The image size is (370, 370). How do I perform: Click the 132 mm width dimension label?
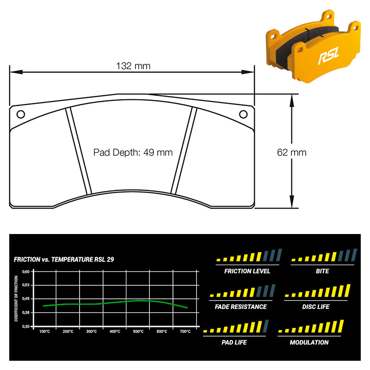[x=133, y=66]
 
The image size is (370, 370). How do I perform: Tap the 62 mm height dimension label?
[x=292, y=153]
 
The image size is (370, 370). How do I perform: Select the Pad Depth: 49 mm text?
[x=133, y=153]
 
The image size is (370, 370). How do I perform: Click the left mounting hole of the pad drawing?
[x=21, y=114]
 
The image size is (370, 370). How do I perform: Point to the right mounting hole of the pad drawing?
[x=243, y=114]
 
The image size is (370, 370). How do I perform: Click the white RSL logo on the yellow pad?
[x=329, y=55]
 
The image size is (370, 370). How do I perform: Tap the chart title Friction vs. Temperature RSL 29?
[x=64, y=259]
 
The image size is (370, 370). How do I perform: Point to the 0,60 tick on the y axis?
[x=26, y=271]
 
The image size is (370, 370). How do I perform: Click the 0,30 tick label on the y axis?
[x=26, y=327]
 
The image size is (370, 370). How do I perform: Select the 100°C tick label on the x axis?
[x=44, y=332]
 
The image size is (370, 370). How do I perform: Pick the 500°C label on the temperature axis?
[x=138, y=332]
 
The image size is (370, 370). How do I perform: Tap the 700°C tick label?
[x=185, y=332]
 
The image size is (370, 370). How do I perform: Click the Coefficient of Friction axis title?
[x=16, y=298]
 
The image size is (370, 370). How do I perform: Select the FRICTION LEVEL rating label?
[x=247, y=271]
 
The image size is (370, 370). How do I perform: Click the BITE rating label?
[x=322, y=271]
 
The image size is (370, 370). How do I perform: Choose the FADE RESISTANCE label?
[x=240, y=307]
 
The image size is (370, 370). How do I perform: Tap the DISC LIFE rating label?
[x=316, y=307]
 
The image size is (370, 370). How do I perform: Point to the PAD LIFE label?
[x=234, y=342]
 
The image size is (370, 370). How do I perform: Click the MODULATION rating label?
[x=309, y=342]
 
